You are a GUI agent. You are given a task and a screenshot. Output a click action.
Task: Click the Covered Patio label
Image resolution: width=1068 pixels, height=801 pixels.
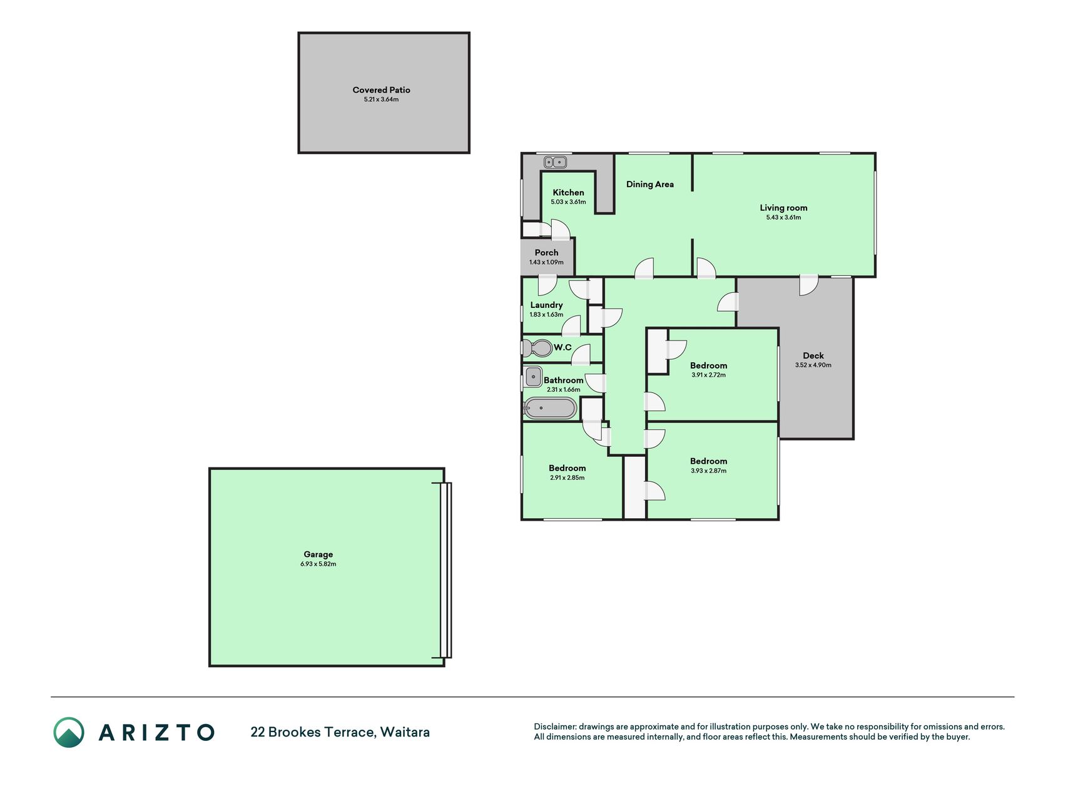(381, 90)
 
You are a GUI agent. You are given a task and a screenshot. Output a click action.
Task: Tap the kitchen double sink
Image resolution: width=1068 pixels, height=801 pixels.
(555, 162)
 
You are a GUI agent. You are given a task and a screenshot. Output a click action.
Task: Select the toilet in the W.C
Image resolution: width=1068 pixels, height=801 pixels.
(537, 347)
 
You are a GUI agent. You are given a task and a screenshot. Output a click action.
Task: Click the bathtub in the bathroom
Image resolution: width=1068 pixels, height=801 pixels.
(550, 408)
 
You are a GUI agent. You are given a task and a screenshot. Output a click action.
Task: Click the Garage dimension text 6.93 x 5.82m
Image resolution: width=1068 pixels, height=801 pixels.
(318, 564)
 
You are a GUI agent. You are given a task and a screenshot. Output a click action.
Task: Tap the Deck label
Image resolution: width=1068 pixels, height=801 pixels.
(813, 355)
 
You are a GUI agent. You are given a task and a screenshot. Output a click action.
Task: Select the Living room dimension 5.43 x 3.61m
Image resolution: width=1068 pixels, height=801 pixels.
(783, 218)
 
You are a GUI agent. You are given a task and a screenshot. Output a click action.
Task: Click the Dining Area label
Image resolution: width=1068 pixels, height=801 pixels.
(650, 185)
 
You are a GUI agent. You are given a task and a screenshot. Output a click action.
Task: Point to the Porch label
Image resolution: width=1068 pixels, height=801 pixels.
(546, 253)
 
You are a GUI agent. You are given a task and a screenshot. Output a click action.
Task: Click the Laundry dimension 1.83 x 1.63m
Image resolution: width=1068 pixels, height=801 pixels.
(546, 315)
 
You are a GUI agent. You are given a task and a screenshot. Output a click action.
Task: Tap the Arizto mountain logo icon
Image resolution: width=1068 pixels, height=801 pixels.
(69, 732)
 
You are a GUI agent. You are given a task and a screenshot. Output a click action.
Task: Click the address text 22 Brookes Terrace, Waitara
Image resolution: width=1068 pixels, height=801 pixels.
(340, 732)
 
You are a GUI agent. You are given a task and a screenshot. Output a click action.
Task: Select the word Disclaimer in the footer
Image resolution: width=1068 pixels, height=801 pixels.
(554, 727)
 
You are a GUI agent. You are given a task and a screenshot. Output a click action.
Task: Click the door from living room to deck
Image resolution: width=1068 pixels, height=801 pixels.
(808, 285)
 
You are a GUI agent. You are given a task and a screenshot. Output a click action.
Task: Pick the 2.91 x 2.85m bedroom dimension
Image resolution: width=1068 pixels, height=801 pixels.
(567, 478)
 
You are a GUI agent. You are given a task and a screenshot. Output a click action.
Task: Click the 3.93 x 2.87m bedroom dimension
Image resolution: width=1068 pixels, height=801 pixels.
(708, 471)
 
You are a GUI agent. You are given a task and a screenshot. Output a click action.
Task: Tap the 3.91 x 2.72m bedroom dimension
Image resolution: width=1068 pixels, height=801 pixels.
(708, 375)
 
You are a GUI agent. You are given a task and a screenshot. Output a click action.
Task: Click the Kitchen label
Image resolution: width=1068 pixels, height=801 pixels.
(568, 193)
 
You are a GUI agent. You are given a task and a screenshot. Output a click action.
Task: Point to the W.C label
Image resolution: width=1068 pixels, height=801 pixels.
(562, 347)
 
